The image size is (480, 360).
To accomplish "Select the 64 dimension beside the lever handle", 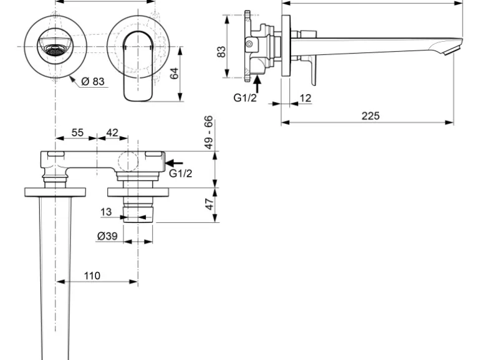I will (x=175, y=73).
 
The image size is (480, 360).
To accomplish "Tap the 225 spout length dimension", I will (x=370, y=116).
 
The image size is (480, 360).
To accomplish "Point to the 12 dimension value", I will (x=305, y=98).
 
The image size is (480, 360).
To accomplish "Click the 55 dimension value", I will (x=77, y=133).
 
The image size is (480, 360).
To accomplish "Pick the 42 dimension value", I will (x=113, y=133).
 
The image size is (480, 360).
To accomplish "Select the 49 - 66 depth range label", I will (x=209, y=131).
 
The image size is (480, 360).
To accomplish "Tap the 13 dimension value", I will (x=107, y=212).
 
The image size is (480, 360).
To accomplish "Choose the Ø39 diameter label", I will (x=108, y=236).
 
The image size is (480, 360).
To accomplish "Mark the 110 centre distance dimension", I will (x=92, y=275).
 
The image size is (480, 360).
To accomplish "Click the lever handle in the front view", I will (x=138, y=69).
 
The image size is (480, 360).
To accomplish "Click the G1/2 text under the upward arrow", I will (x=245, y=98).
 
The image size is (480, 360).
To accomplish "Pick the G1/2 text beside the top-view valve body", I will (x=181, y=174).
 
